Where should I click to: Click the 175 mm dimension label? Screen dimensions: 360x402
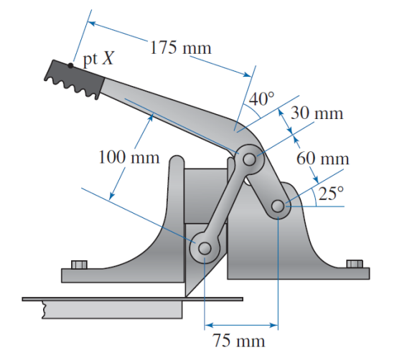180,48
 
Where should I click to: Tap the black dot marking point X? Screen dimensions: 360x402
71,65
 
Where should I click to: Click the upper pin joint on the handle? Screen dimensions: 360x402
249,160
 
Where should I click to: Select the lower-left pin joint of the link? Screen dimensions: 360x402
204,249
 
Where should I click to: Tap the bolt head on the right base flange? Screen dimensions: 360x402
354,264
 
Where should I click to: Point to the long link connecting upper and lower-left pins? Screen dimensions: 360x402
226,206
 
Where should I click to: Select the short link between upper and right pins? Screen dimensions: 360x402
264,184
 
